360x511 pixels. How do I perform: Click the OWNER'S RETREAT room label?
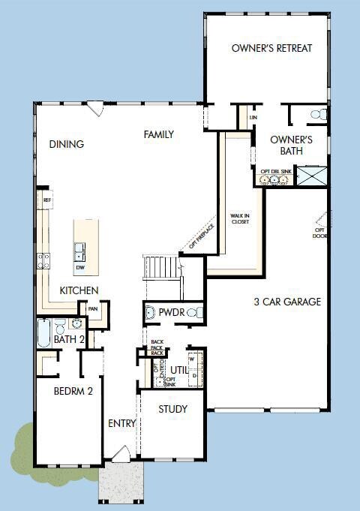pos(271,48)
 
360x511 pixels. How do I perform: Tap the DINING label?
pos(67,144)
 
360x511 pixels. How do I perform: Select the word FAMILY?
pos(159,134)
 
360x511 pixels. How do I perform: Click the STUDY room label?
pos(172,409)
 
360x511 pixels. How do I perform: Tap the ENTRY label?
pos(122,423)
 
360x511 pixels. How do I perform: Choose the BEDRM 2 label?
pos(73,390)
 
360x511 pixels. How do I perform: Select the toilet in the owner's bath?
pos(319,115)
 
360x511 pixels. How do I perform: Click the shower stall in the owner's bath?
pos(312,176)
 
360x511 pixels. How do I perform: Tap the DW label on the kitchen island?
pos(79,266)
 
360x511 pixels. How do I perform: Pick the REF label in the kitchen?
pos(47,200)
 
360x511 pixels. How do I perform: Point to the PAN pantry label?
pos(94,308)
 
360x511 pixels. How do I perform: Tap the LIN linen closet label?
pos(253,118)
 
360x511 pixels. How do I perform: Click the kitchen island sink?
pos(79,249)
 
